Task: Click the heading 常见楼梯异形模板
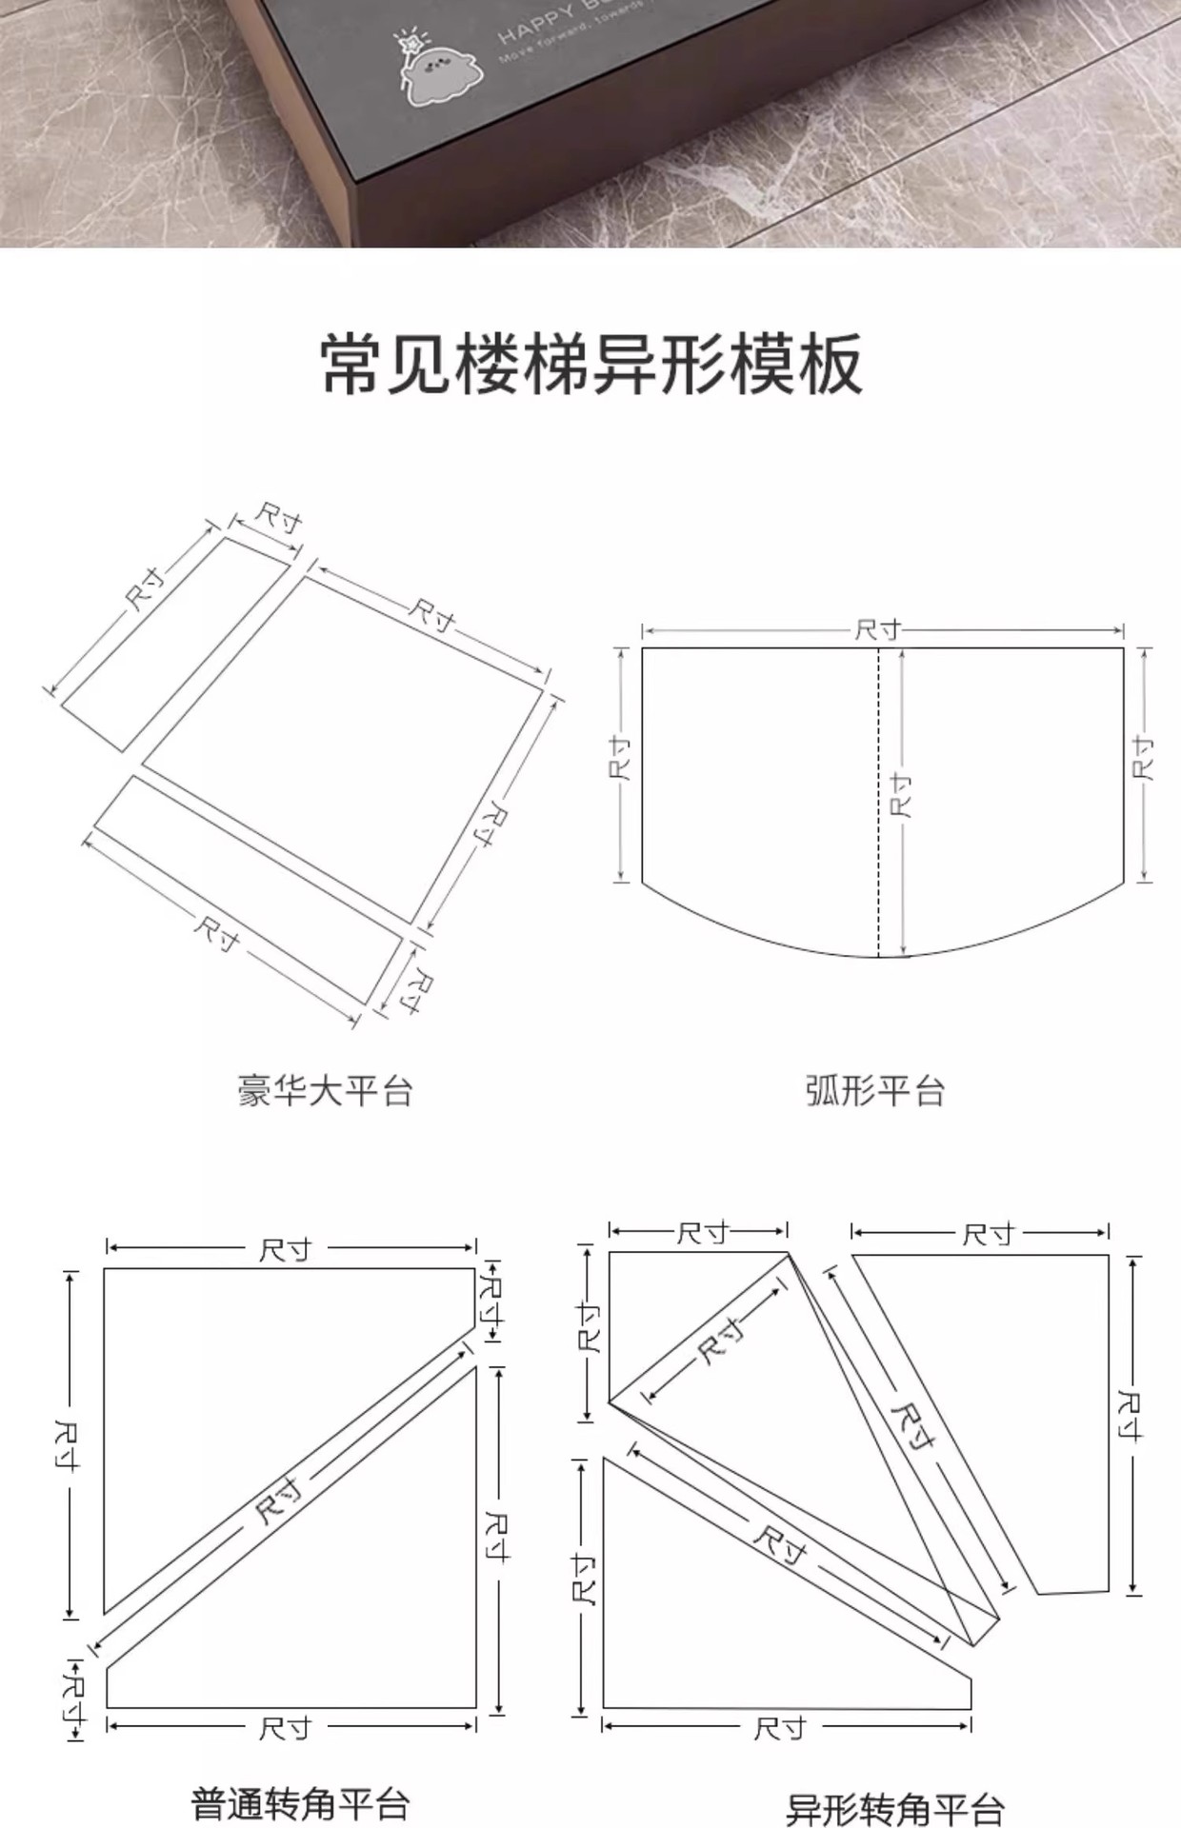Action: (x=590, y=365)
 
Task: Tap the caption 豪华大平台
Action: (x=325, y=1090)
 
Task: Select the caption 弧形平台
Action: (x=874, y=1090)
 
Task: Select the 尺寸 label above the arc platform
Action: (x=878, y=629)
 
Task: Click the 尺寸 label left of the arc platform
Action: (x=620, y=759)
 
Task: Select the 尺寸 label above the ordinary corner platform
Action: (x=286, y=1249)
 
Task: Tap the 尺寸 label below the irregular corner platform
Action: (x=780, y=1728)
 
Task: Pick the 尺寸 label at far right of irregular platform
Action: (x=1130, y=1416)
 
